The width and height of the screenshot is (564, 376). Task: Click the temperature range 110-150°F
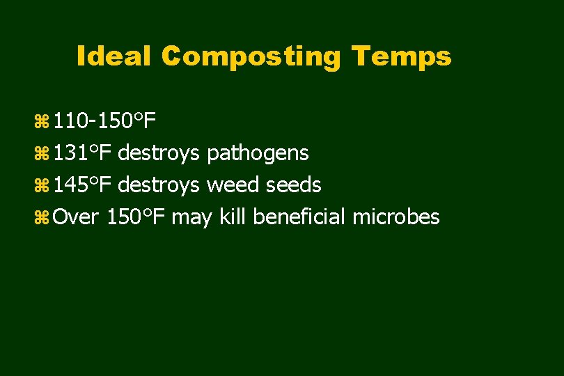tap(104, 123)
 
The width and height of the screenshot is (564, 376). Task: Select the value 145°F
tap(84, 185)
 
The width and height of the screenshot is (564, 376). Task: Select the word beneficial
tap(299, 217)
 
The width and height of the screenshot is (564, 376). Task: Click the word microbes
tap(395, 217)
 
